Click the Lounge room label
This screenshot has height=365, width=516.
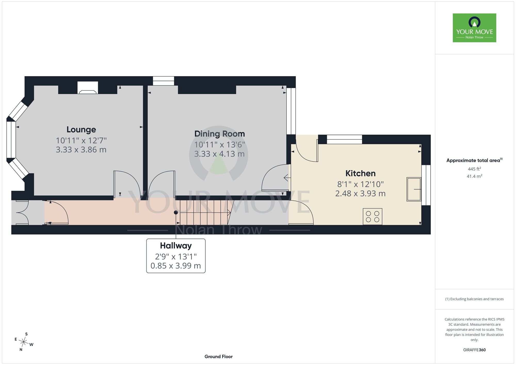(x=81, y=130)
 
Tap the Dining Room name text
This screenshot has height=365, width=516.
(x=220, y=134)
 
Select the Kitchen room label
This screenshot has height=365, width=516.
(x=360, y=173)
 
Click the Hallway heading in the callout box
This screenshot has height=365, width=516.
(x=176, y=246)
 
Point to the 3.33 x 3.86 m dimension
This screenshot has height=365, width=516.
(x=81, y=150)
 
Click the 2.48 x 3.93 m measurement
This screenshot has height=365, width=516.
(x=360, y=193)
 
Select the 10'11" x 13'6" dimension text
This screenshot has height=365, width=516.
(x=220, y=145)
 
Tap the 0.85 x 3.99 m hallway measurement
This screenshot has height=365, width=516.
(x=176, y=266)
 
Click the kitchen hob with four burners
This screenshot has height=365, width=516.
(x=373, y=217)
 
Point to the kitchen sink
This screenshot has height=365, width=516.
(x=414, y=189)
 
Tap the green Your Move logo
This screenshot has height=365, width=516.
(x=474, y=28)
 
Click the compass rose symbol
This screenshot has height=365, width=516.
(x=23, y=342)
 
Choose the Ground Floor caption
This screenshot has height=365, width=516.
(x=219, y=356)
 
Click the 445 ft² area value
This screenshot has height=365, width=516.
(x=474, y=169)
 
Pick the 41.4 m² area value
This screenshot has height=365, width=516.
(x=474, y=176)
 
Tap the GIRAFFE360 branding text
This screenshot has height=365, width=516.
(x=474, y=350)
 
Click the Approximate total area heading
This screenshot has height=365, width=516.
(x=474, y=160)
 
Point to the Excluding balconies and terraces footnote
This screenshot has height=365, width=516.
(x=474, y=299)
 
